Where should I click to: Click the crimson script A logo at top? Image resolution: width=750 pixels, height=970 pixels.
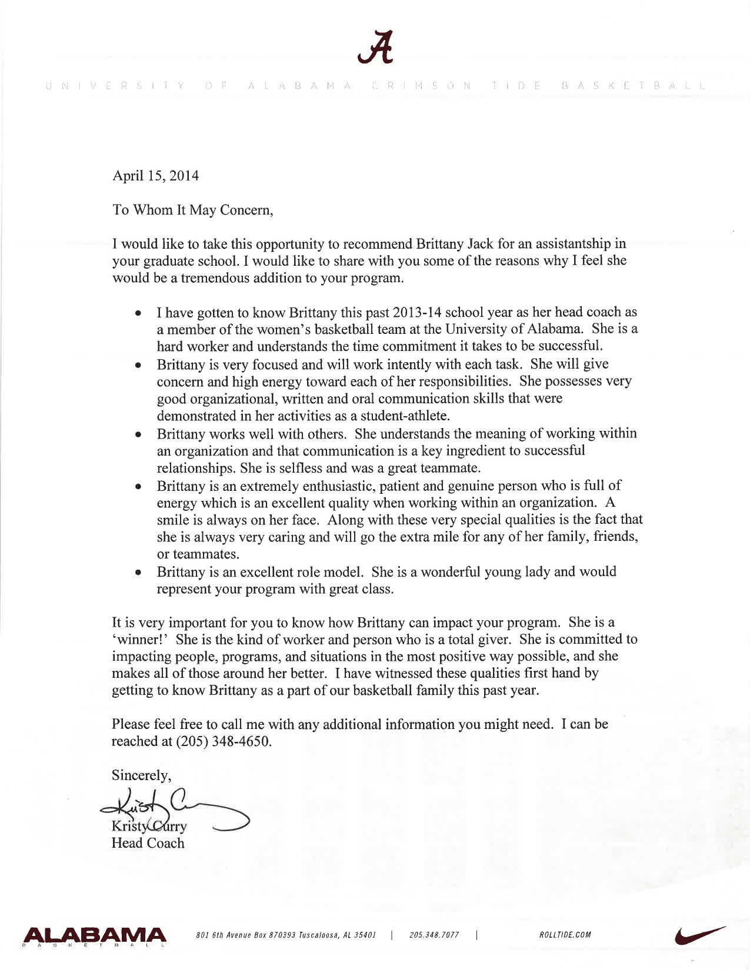click(x=375, y=46)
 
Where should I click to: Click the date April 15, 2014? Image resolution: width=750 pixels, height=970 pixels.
click(x=155, y=176)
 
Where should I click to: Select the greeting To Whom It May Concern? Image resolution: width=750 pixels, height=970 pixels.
click(x=192, y=210)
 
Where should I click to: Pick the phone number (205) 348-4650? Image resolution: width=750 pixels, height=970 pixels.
click(x=224, y=741)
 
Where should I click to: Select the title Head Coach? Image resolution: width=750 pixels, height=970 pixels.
click(x=148, y=843)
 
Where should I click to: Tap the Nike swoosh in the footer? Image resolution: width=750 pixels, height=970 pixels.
click(x=699, y=934)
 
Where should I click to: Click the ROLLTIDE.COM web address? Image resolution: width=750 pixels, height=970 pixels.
click(x=565, y=935)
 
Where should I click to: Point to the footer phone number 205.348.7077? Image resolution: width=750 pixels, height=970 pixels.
click(x=434, y=935)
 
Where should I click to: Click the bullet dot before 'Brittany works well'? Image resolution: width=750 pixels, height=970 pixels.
click(x=138, y=434)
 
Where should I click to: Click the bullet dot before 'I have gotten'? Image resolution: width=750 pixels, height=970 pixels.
click(x=138, y=313)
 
